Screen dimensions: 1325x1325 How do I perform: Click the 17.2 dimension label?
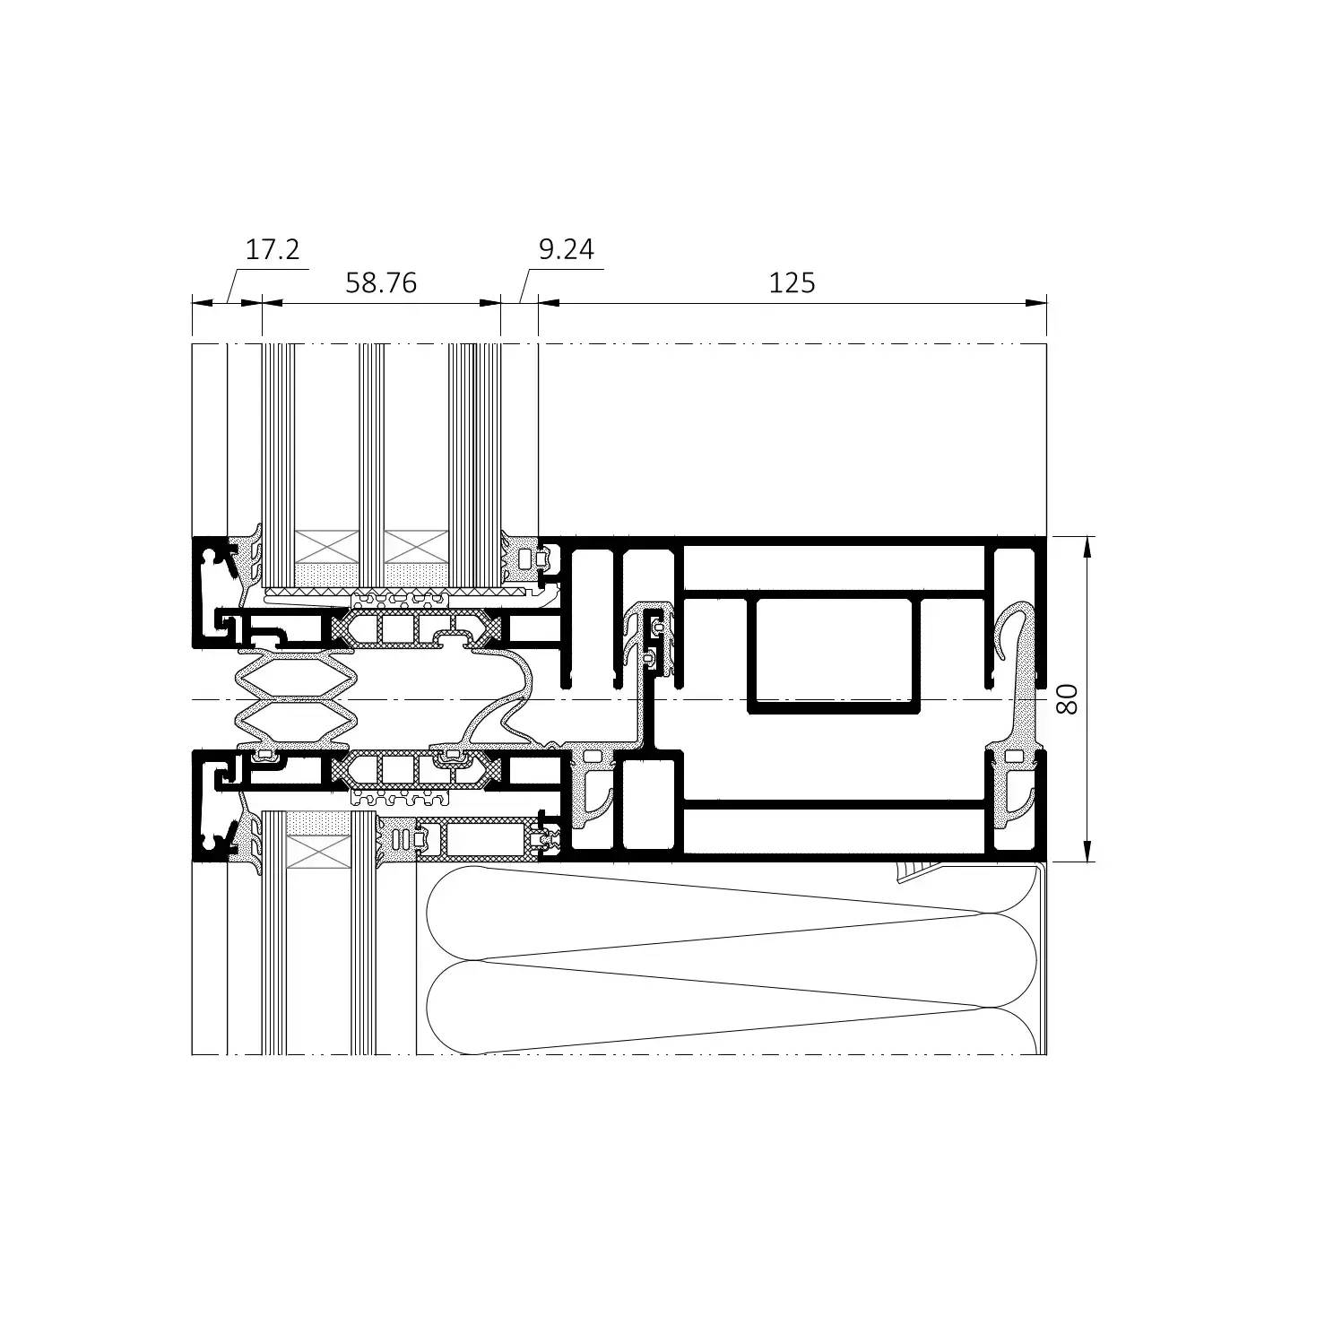pyautogui.click(x=273, y=249)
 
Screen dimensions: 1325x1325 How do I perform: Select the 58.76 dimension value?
pyautogui.click(x=381, y=283)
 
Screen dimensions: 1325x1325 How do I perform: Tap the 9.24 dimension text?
pyautogui.click(x=566, y=249)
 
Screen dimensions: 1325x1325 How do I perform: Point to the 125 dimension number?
pyautogui.click(x=792, y=283)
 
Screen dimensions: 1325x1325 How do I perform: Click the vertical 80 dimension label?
pyautogui.click(x=1066, y=698)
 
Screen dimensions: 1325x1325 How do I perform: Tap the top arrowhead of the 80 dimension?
pyautogui.click(x=1087, y=546)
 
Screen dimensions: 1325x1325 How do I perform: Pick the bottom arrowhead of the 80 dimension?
pyautogui.click(x=1087, y=852)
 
